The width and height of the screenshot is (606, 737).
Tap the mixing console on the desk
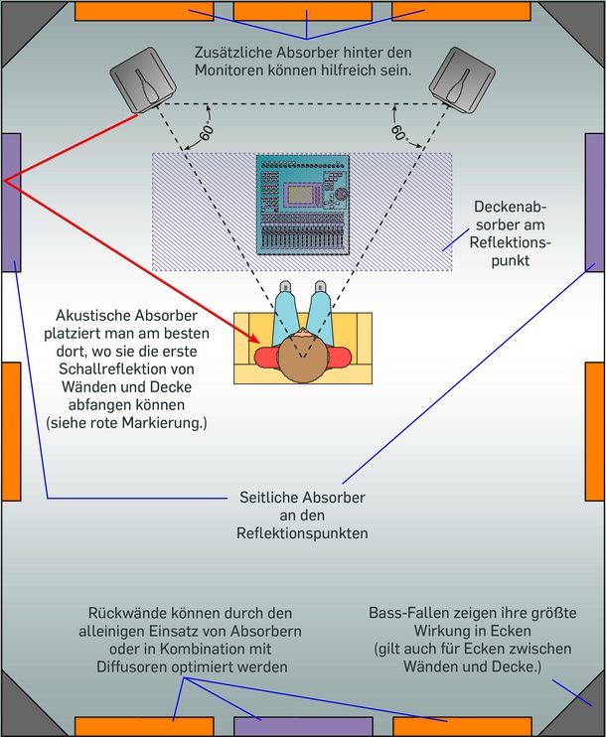pyautogui.click(x=303, y=204)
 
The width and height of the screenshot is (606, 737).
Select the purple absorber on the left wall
pyautogui.click(x=11, y=203)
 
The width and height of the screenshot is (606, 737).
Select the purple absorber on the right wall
pyautogui.click(x=594, y=203)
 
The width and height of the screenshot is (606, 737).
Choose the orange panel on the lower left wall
pyautogui.click(x=10, y=431)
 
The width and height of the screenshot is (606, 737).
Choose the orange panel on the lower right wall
pyautogui.click(x=595, y=431)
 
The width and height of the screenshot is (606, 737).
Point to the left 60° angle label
pyautogui.click(x=207, y=130)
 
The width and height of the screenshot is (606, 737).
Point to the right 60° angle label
pyautogui.click(x=398, y=130)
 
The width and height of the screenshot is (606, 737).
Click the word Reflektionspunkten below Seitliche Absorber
pyautogui.click(x=302, y=533)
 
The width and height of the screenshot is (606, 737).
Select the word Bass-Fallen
pyautogui.click(x=405, y=613)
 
